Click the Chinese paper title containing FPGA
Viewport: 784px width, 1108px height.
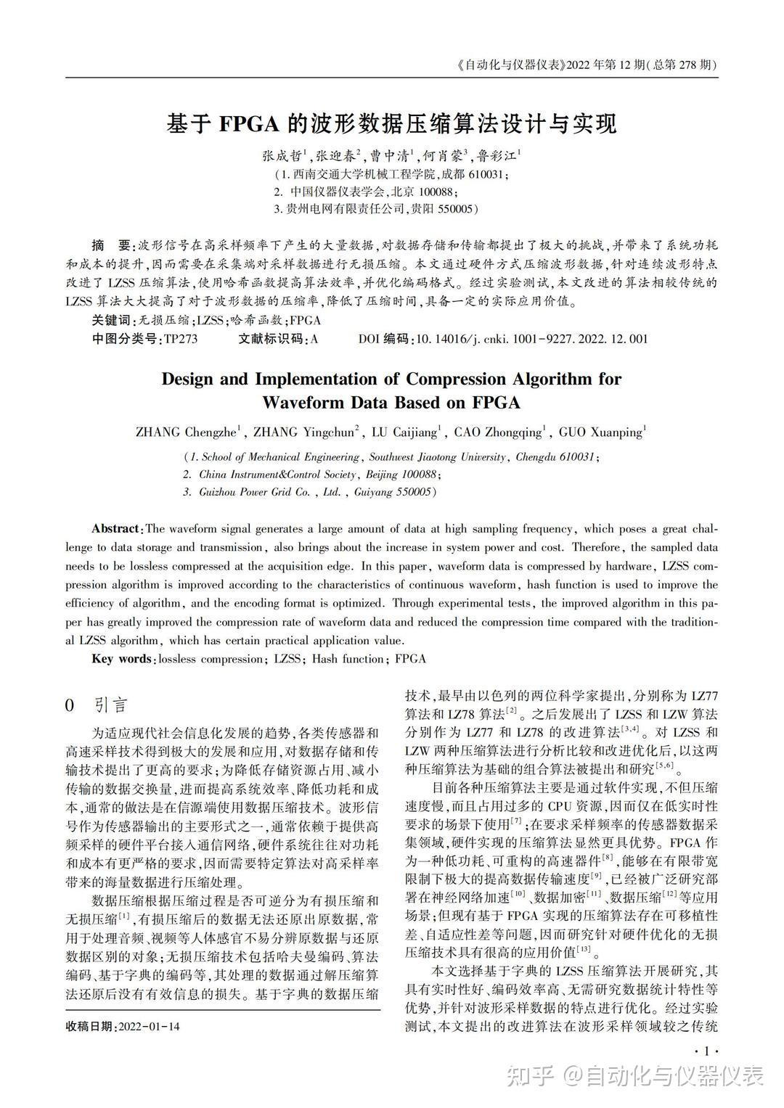pyautogui.click(x=392, y=124)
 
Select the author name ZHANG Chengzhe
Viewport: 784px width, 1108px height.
pyautogui.click(x=186, y=433)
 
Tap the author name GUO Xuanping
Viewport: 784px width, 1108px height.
pyautogui.click(x=600, y=433)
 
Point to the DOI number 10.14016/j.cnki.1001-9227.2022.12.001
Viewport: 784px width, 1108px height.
pyautogui.click(x=531, y=339)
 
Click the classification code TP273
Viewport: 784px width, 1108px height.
pyautogui.click(x=181, y=339)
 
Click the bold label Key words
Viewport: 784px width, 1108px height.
pyautogui.click(x=121, y=659)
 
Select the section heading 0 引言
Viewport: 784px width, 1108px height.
pyautogui.click(x=96, y=705)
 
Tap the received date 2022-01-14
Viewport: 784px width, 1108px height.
pyautogui.click(x=148, y=1027)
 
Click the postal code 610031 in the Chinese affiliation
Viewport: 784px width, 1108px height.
pyautogui.click(x=483, y=175)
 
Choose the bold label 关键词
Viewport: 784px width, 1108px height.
pyautogui.click(x=111, y=321)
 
